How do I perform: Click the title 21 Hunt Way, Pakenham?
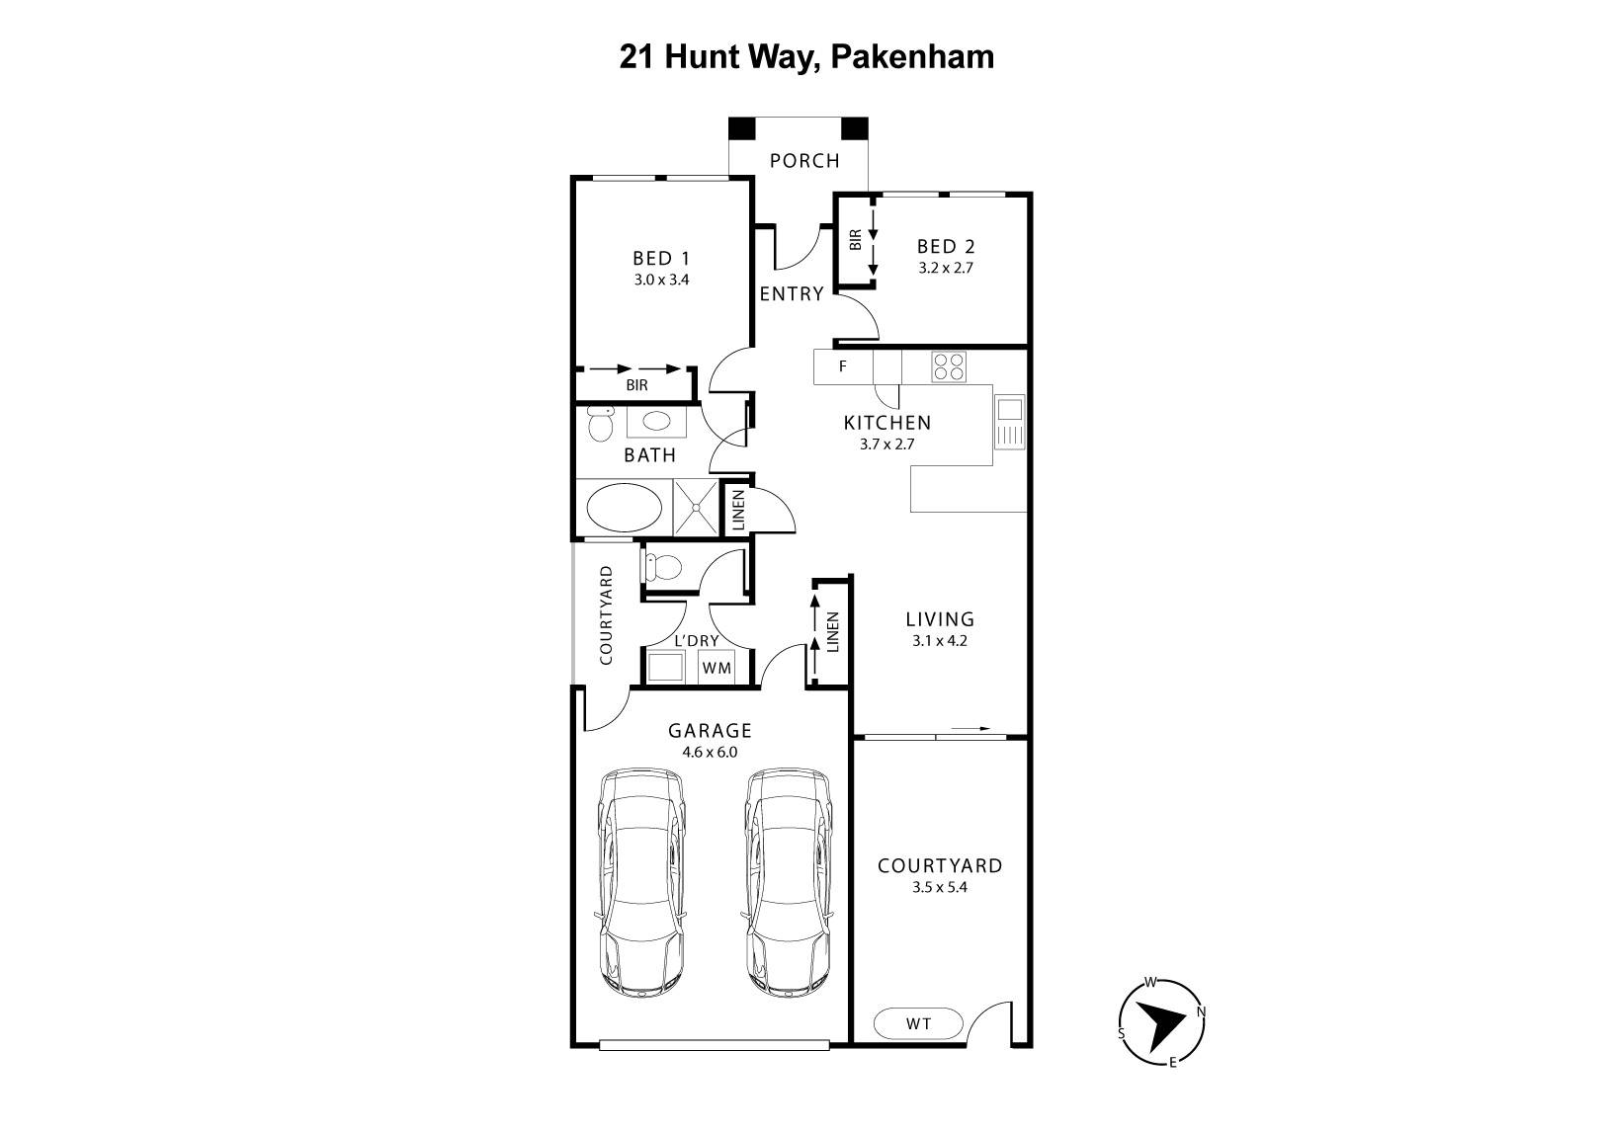click(806, 56)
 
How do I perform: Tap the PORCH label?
click(804, 160)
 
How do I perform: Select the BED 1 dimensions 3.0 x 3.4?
click(661, 280)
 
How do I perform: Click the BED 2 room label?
click(946, 246)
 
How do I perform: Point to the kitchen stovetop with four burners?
click(949, 366)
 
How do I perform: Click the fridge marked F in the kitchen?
click(843, 366)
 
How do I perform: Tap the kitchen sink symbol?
click(1010, 421)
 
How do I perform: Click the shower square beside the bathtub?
click(697, 509)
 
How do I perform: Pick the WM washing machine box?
click(717, 668)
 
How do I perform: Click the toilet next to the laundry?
click(662, 568)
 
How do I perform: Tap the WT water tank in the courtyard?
click(918, 1023)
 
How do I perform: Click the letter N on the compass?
click(1201, 1011)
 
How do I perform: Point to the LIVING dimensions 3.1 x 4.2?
click(940, 640)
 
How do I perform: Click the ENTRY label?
click(791, 293)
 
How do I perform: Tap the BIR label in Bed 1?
click(636, 385)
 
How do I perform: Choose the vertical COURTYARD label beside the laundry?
click(607, 614)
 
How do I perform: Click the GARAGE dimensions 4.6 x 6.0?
click(710, 752)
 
